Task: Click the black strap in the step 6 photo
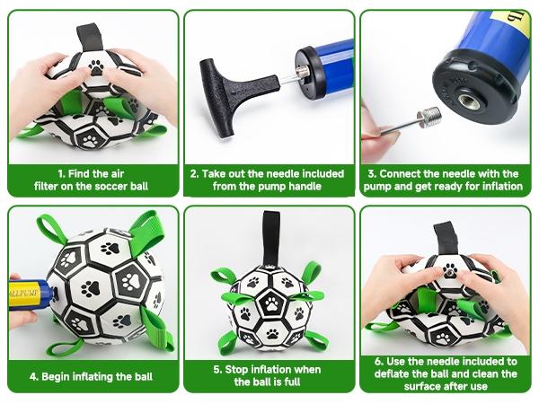tap(446, 237)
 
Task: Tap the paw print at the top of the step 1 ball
tap(95, 66)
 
